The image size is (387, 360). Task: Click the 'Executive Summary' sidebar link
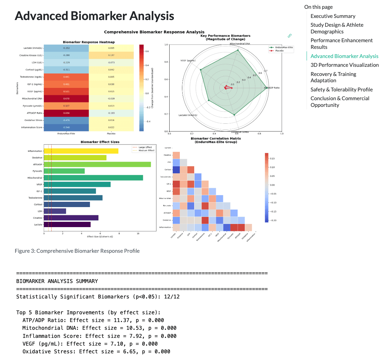[333, 16]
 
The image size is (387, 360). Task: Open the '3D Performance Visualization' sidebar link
[345, 65]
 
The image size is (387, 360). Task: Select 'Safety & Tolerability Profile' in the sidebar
[341, 90]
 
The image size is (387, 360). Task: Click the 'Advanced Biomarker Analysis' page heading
[94, 16]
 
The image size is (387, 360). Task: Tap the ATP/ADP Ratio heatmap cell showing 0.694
[66, 113]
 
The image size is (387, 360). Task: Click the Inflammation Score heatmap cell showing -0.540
[66, 127]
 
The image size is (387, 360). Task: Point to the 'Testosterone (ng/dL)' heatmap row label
[31, 77]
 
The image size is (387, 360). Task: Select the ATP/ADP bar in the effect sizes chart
[97, 164]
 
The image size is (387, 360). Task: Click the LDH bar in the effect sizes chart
[55, 211]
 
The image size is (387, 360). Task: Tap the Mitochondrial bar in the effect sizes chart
[93, 178]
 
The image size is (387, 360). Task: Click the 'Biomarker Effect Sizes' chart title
[100, 142]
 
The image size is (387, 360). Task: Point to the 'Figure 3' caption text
[77, 251]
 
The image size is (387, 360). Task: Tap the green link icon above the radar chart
[290, 36]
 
